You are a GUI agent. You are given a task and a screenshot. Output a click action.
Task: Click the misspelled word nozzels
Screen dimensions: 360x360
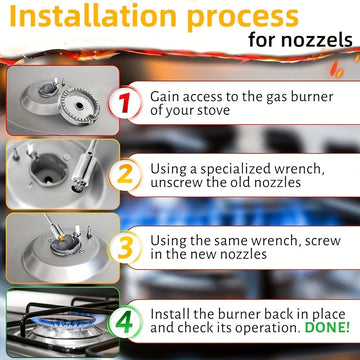click(317, 40)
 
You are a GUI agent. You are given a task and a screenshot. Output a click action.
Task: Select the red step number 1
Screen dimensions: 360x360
click(125, 103)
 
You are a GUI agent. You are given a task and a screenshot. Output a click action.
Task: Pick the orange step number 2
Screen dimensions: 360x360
click(125, 175)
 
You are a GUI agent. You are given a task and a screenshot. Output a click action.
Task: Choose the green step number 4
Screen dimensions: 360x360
click(124, 322)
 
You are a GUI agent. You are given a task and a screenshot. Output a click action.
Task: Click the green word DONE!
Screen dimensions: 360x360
click(327, 327)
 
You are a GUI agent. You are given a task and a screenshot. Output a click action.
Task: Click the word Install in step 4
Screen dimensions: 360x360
click(169, 314)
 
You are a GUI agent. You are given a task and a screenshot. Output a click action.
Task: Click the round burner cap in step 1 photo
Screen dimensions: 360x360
click(79, 106)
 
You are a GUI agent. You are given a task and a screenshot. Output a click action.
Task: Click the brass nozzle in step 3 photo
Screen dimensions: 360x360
click(62, 237)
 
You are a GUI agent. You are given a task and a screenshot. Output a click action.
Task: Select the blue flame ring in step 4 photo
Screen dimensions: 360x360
click(63, 321)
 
